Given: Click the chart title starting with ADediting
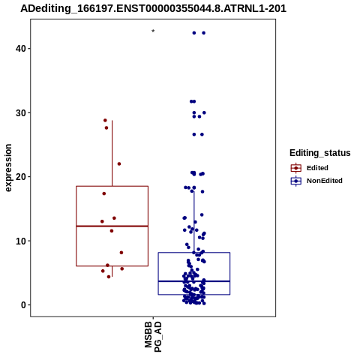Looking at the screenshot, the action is (x=153, y=9).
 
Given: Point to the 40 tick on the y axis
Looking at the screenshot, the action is (x=29, y=48).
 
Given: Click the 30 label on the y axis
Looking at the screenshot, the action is (x=21, y=113).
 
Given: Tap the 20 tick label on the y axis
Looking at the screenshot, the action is (x=21, y=177).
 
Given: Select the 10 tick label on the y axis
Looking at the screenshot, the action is (x=21, y=241).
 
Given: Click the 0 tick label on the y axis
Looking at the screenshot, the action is (x=24, y=305).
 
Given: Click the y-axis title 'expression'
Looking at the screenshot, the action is (x=8, y=168).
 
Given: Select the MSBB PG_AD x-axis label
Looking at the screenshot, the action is (x=153, y=337).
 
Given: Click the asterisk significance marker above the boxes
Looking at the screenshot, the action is (x=153, y=31).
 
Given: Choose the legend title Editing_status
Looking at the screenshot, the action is (x=320, y=153).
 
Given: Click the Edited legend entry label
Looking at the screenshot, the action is (x=317, y=168).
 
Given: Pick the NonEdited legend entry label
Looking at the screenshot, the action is (x=325, y=181).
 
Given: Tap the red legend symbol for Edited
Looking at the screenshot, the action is (x=296, y=168).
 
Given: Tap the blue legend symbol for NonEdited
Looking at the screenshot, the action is (x=296, y=181).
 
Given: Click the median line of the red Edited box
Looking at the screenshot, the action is (x=112, y=226).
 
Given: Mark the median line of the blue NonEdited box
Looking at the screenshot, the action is (x=194, y=281).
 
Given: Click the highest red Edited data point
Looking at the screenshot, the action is (x=105, y=120).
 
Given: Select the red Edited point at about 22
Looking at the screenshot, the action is (x=119, y=164).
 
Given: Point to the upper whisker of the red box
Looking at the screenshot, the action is (x=112, y=153).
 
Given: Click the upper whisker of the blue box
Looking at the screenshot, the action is (x=194, y=222).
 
